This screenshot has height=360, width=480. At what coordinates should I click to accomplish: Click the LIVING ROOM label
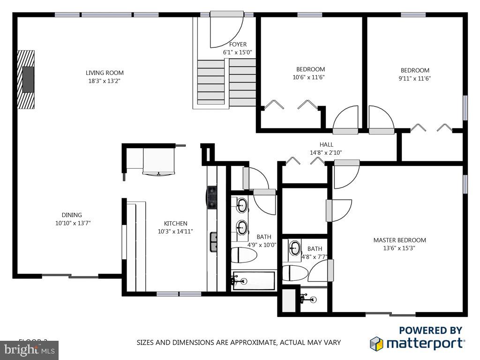105,73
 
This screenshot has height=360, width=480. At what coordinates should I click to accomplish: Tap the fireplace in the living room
27,79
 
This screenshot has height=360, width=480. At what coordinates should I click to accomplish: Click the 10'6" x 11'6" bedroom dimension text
308,77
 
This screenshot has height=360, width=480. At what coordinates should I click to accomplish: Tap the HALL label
326,145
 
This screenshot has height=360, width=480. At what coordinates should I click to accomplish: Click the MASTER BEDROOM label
399,240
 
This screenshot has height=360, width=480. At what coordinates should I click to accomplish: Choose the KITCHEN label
175,224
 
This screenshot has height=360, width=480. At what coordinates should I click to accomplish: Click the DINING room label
72,215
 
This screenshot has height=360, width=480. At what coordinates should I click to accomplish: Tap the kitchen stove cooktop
212,196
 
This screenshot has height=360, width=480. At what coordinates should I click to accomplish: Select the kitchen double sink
213,242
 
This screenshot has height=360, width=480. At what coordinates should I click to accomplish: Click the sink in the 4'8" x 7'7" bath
295,248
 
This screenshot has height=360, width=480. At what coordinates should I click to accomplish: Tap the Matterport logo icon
376,344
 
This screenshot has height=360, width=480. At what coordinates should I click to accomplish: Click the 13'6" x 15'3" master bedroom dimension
399,248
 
